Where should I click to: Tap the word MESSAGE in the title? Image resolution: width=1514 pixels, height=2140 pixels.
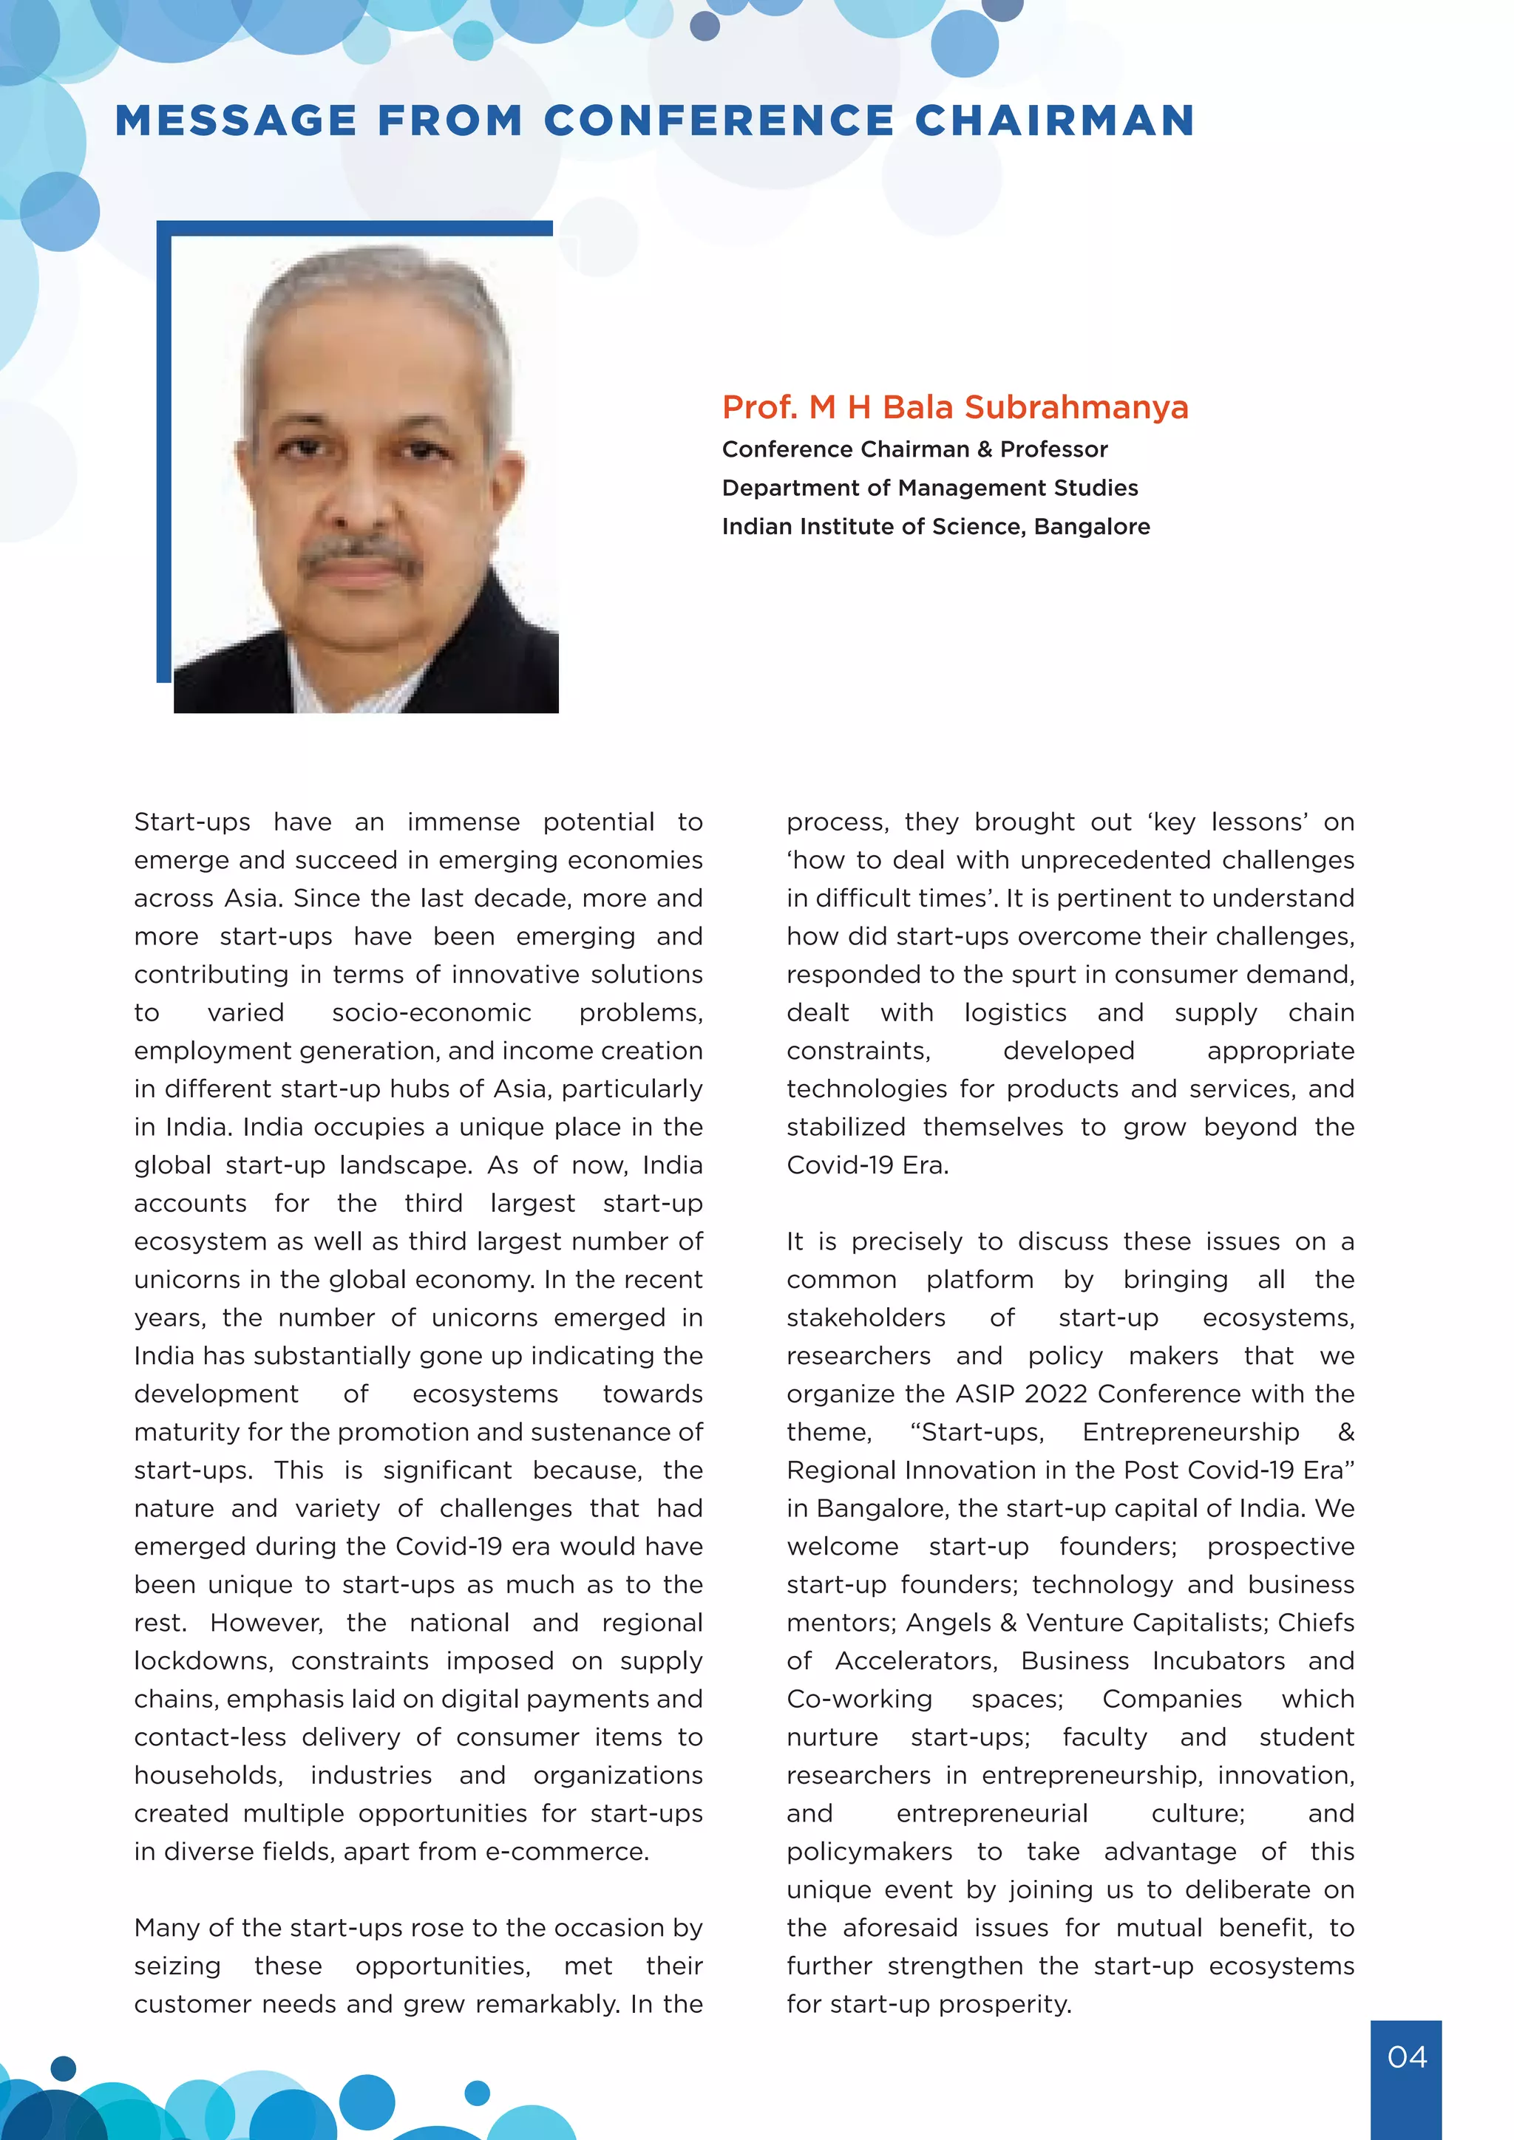(x=235, y=121)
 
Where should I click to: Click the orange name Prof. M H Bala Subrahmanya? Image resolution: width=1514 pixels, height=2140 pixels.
(x=954, y=407)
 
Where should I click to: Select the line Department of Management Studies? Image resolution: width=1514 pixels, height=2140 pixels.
(x=929, y=488)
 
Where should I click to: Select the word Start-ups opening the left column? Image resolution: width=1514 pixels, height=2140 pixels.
(x=192, y=822)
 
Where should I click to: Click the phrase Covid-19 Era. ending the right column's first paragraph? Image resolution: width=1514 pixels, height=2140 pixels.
(x=867, y=1165)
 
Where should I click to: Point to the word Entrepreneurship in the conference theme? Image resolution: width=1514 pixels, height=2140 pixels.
(x=1190, y=1431)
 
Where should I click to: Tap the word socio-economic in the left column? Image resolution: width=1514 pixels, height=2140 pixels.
(x=432, y=1012)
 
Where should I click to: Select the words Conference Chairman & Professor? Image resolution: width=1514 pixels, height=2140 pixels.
(x=914, y=449)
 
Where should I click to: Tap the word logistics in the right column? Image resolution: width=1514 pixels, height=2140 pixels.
(x=1015, y=1012)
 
